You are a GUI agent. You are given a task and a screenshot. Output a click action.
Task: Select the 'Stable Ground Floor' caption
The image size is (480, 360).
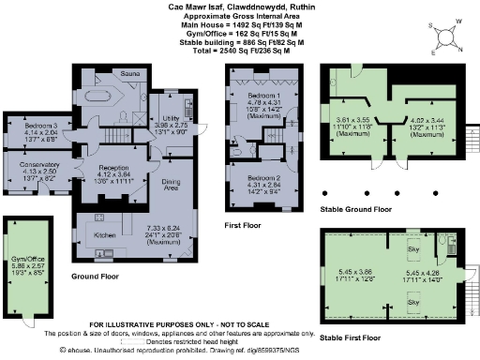354,209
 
